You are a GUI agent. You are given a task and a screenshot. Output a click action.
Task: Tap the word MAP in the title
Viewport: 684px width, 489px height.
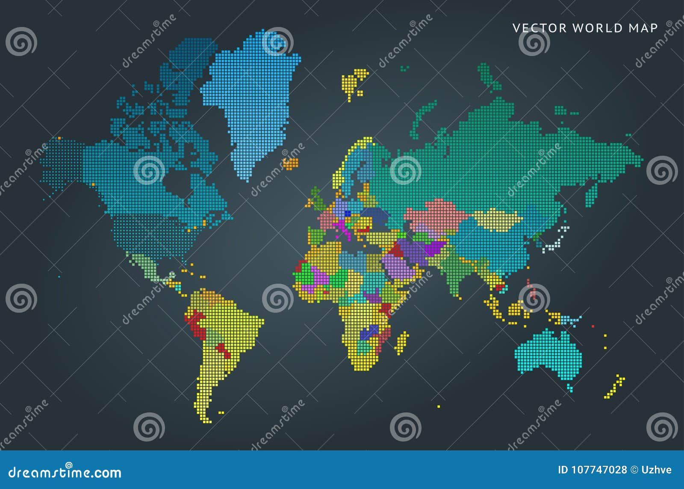[643, 28]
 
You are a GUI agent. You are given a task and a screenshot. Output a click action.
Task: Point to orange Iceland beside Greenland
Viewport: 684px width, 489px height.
[291, 163]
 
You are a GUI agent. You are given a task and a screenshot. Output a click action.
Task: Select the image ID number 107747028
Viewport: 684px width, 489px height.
[592, 470]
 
